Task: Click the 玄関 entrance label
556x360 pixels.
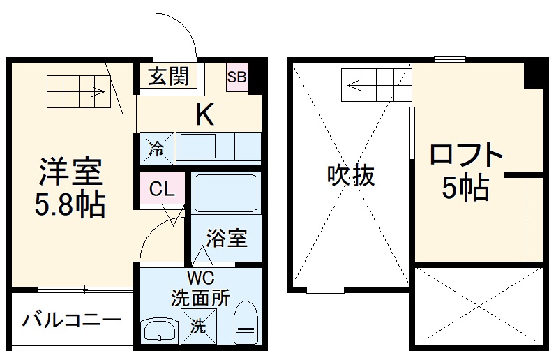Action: tap(168, 75)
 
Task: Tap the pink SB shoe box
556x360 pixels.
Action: tap(236, 77)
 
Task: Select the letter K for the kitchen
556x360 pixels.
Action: tap(204, 114)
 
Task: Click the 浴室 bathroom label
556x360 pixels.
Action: tap(226, 238)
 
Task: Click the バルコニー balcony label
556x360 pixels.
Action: tap(71, 321)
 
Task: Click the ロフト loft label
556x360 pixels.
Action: tap(466, 155)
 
